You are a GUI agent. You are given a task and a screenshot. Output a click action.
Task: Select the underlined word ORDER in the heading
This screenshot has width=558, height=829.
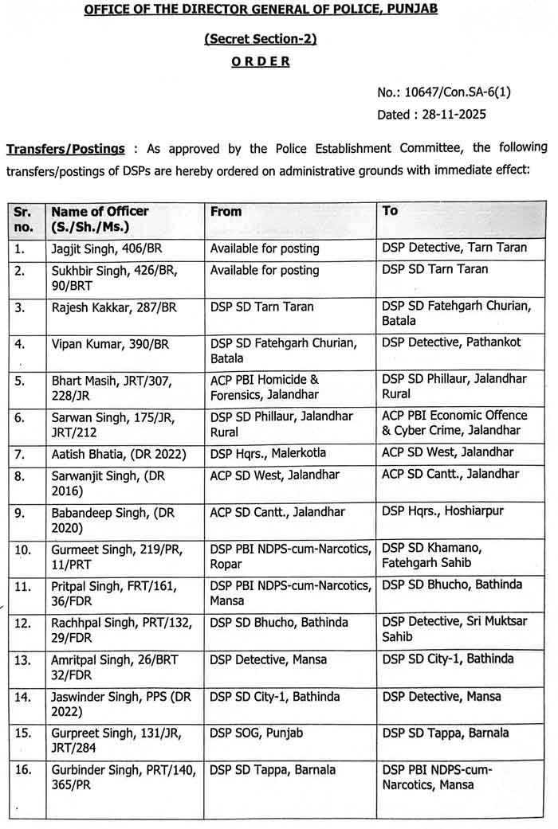pyautogui.click(x=261, y=61)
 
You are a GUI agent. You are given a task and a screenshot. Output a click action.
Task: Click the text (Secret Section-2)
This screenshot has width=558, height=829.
pyautogui.click(x=261, y=39)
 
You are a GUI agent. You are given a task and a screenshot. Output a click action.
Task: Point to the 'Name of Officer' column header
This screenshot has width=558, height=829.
pyautogui.click(x=100, y=211)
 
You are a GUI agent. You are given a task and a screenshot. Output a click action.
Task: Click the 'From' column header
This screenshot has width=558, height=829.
pyautogui.click(x=226, y=211)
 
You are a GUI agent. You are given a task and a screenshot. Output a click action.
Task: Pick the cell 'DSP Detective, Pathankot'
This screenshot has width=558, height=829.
pyautogui.click(x=451, y=342)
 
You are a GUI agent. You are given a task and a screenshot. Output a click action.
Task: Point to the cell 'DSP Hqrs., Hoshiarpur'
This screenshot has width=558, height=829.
pyautogui.click(x=442, y=510)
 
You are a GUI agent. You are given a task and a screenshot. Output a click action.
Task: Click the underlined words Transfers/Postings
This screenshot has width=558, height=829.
pyautogui.click(x=65, y=149)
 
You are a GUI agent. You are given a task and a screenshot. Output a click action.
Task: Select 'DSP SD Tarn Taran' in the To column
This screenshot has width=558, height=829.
pyautogui.click(x=435, y=269)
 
